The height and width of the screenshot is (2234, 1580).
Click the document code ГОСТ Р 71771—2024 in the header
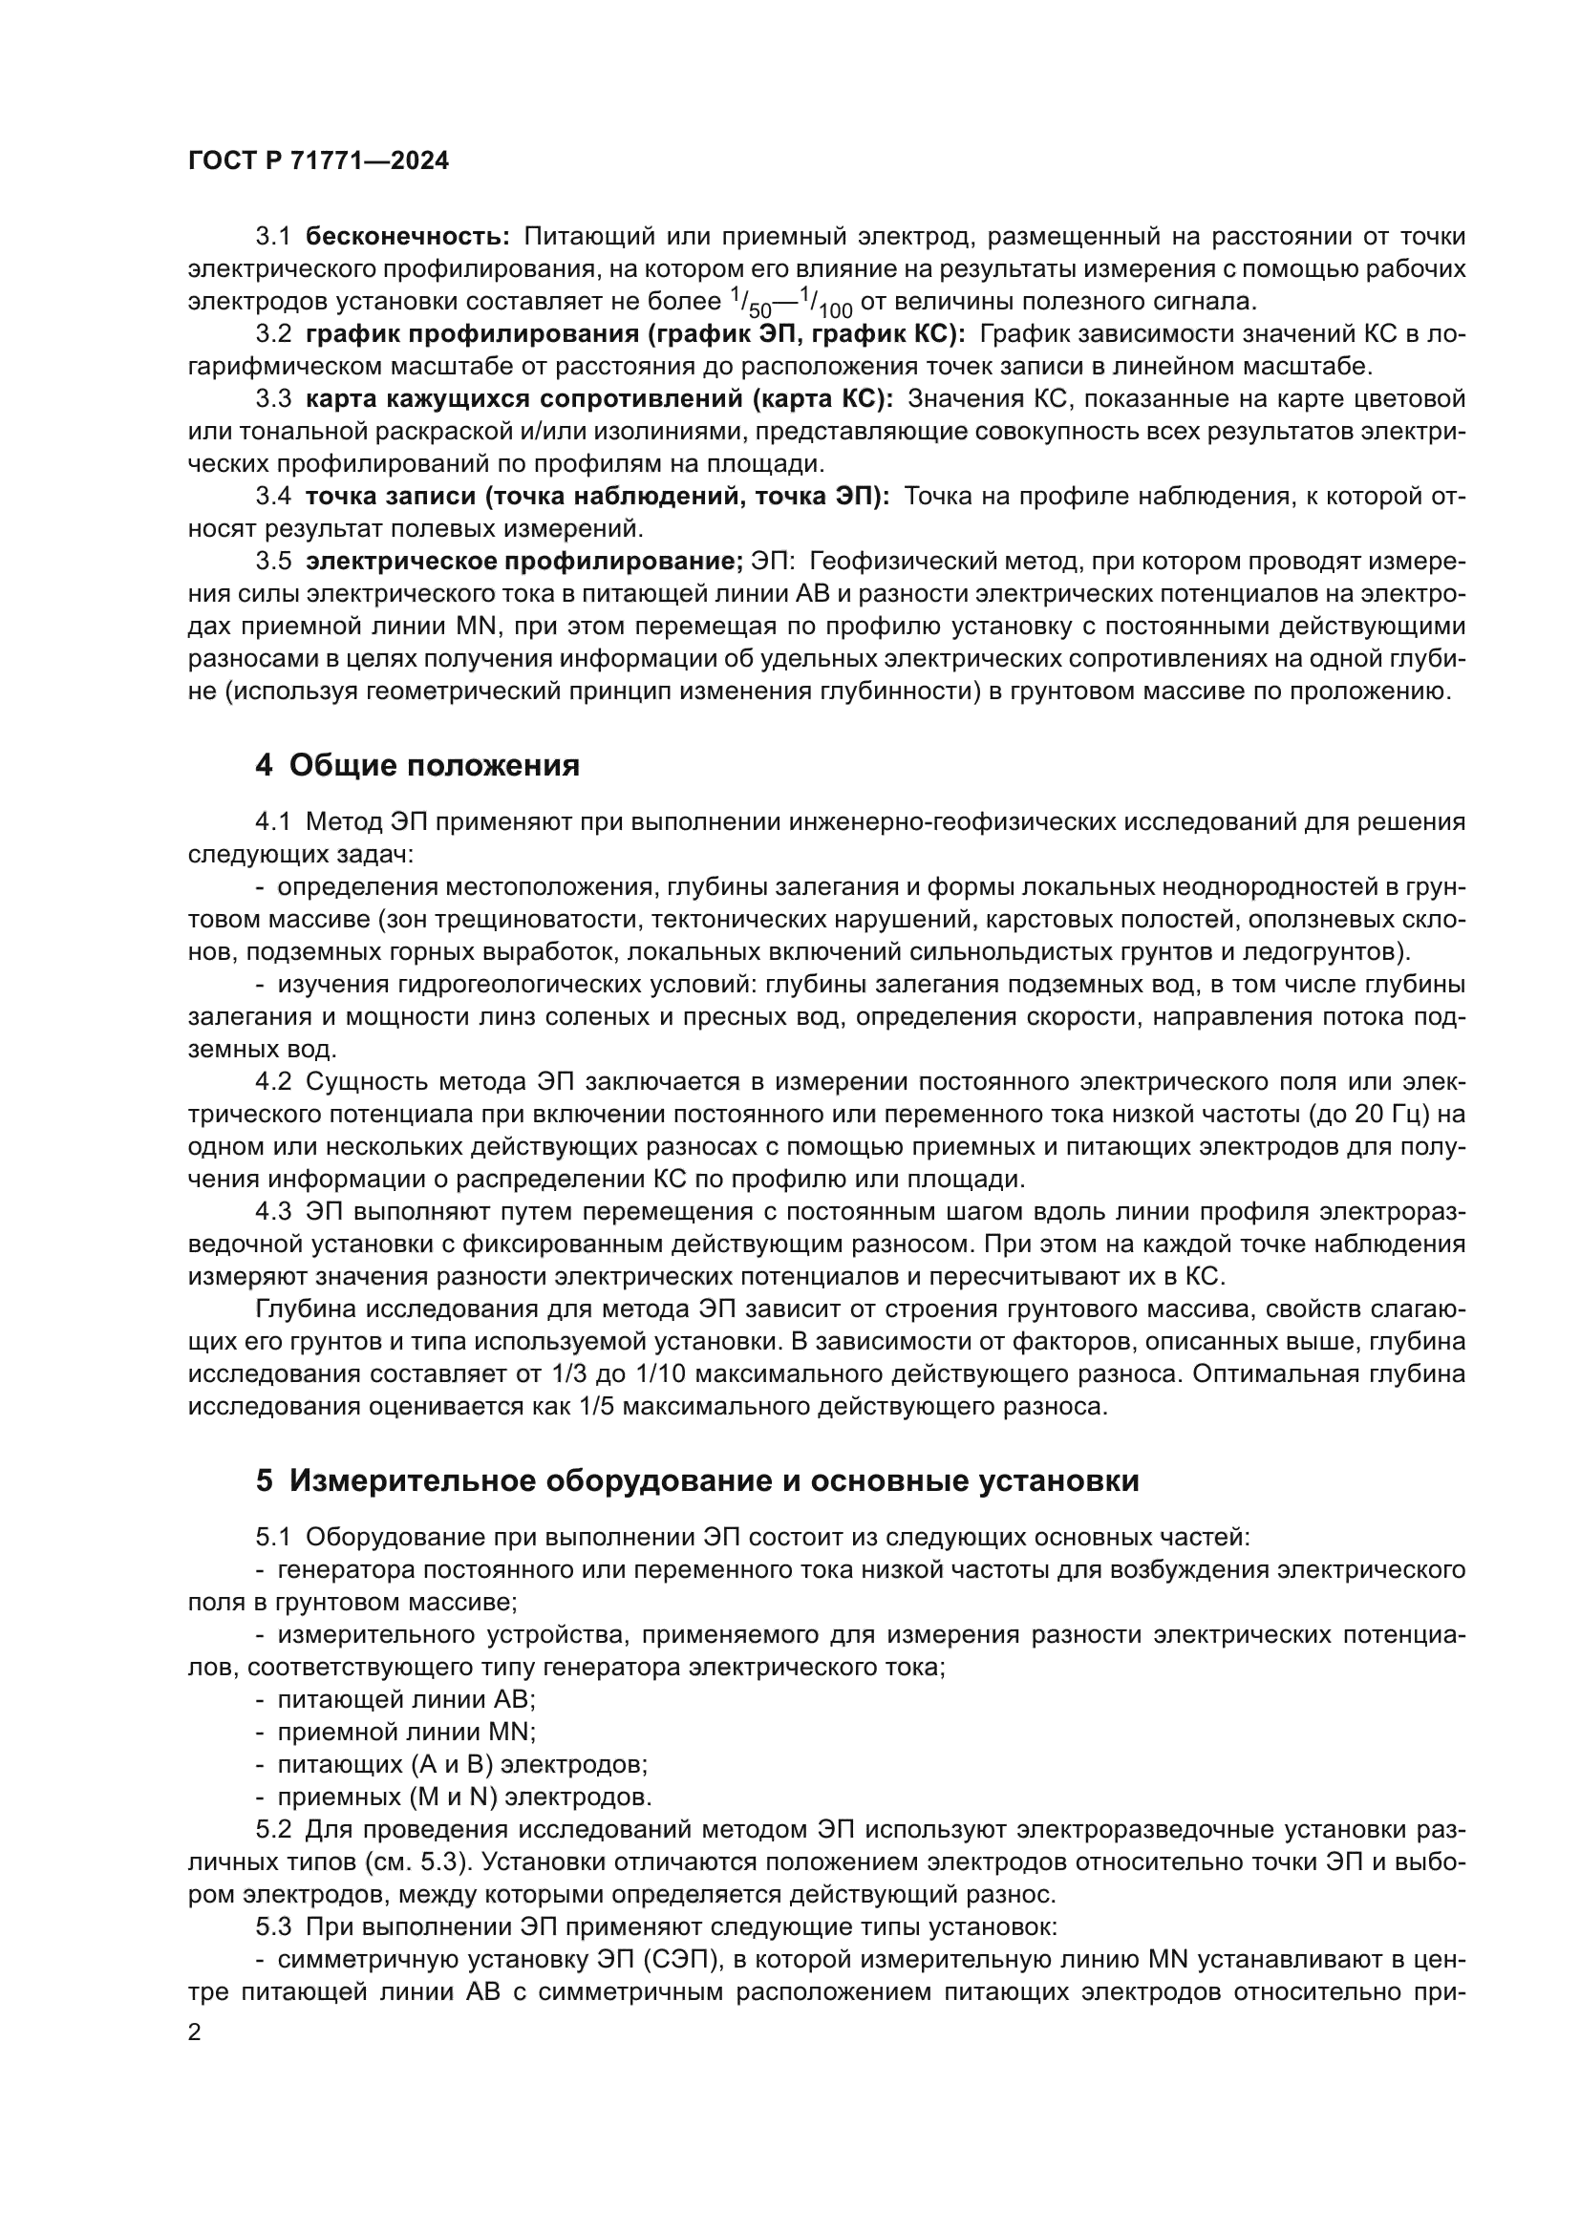pyautogui.click(x=318, y=161)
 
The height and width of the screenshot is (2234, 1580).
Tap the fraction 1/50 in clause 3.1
pyautogui.click(x=750, y=305)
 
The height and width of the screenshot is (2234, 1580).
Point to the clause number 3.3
pyautogui.click(x=273, y=399)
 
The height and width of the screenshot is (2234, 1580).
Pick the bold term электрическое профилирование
pyautogui.click(x=523, y=562)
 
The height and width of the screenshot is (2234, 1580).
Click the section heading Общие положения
pyautogui.click(x=434, y=766)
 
